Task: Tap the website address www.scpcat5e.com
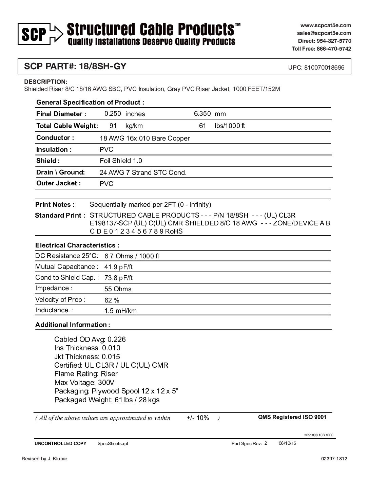click(326, 25)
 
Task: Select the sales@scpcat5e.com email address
click(324, 33)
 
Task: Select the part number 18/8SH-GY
click(103, 66)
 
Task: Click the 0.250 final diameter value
click(113, 114)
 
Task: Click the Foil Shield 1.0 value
click(121, 161)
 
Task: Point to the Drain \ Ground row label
click(60, 172)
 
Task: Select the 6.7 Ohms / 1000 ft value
click(132, 256)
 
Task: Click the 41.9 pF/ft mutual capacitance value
click(118, 267)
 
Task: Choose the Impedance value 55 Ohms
click(118, 289)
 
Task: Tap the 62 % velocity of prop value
click(112, 300)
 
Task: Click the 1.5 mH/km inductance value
click(120, 311)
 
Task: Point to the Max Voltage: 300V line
click(84, 383)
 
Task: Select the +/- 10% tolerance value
click(198, 418)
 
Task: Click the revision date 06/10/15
click(287, 443)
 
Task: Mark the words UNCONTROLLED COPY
click(60, 444)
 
